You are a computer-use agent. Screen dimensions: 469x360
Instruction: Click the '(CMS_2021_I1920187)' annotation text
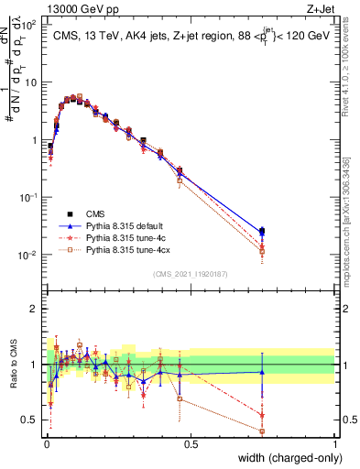tap(191, 273)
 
